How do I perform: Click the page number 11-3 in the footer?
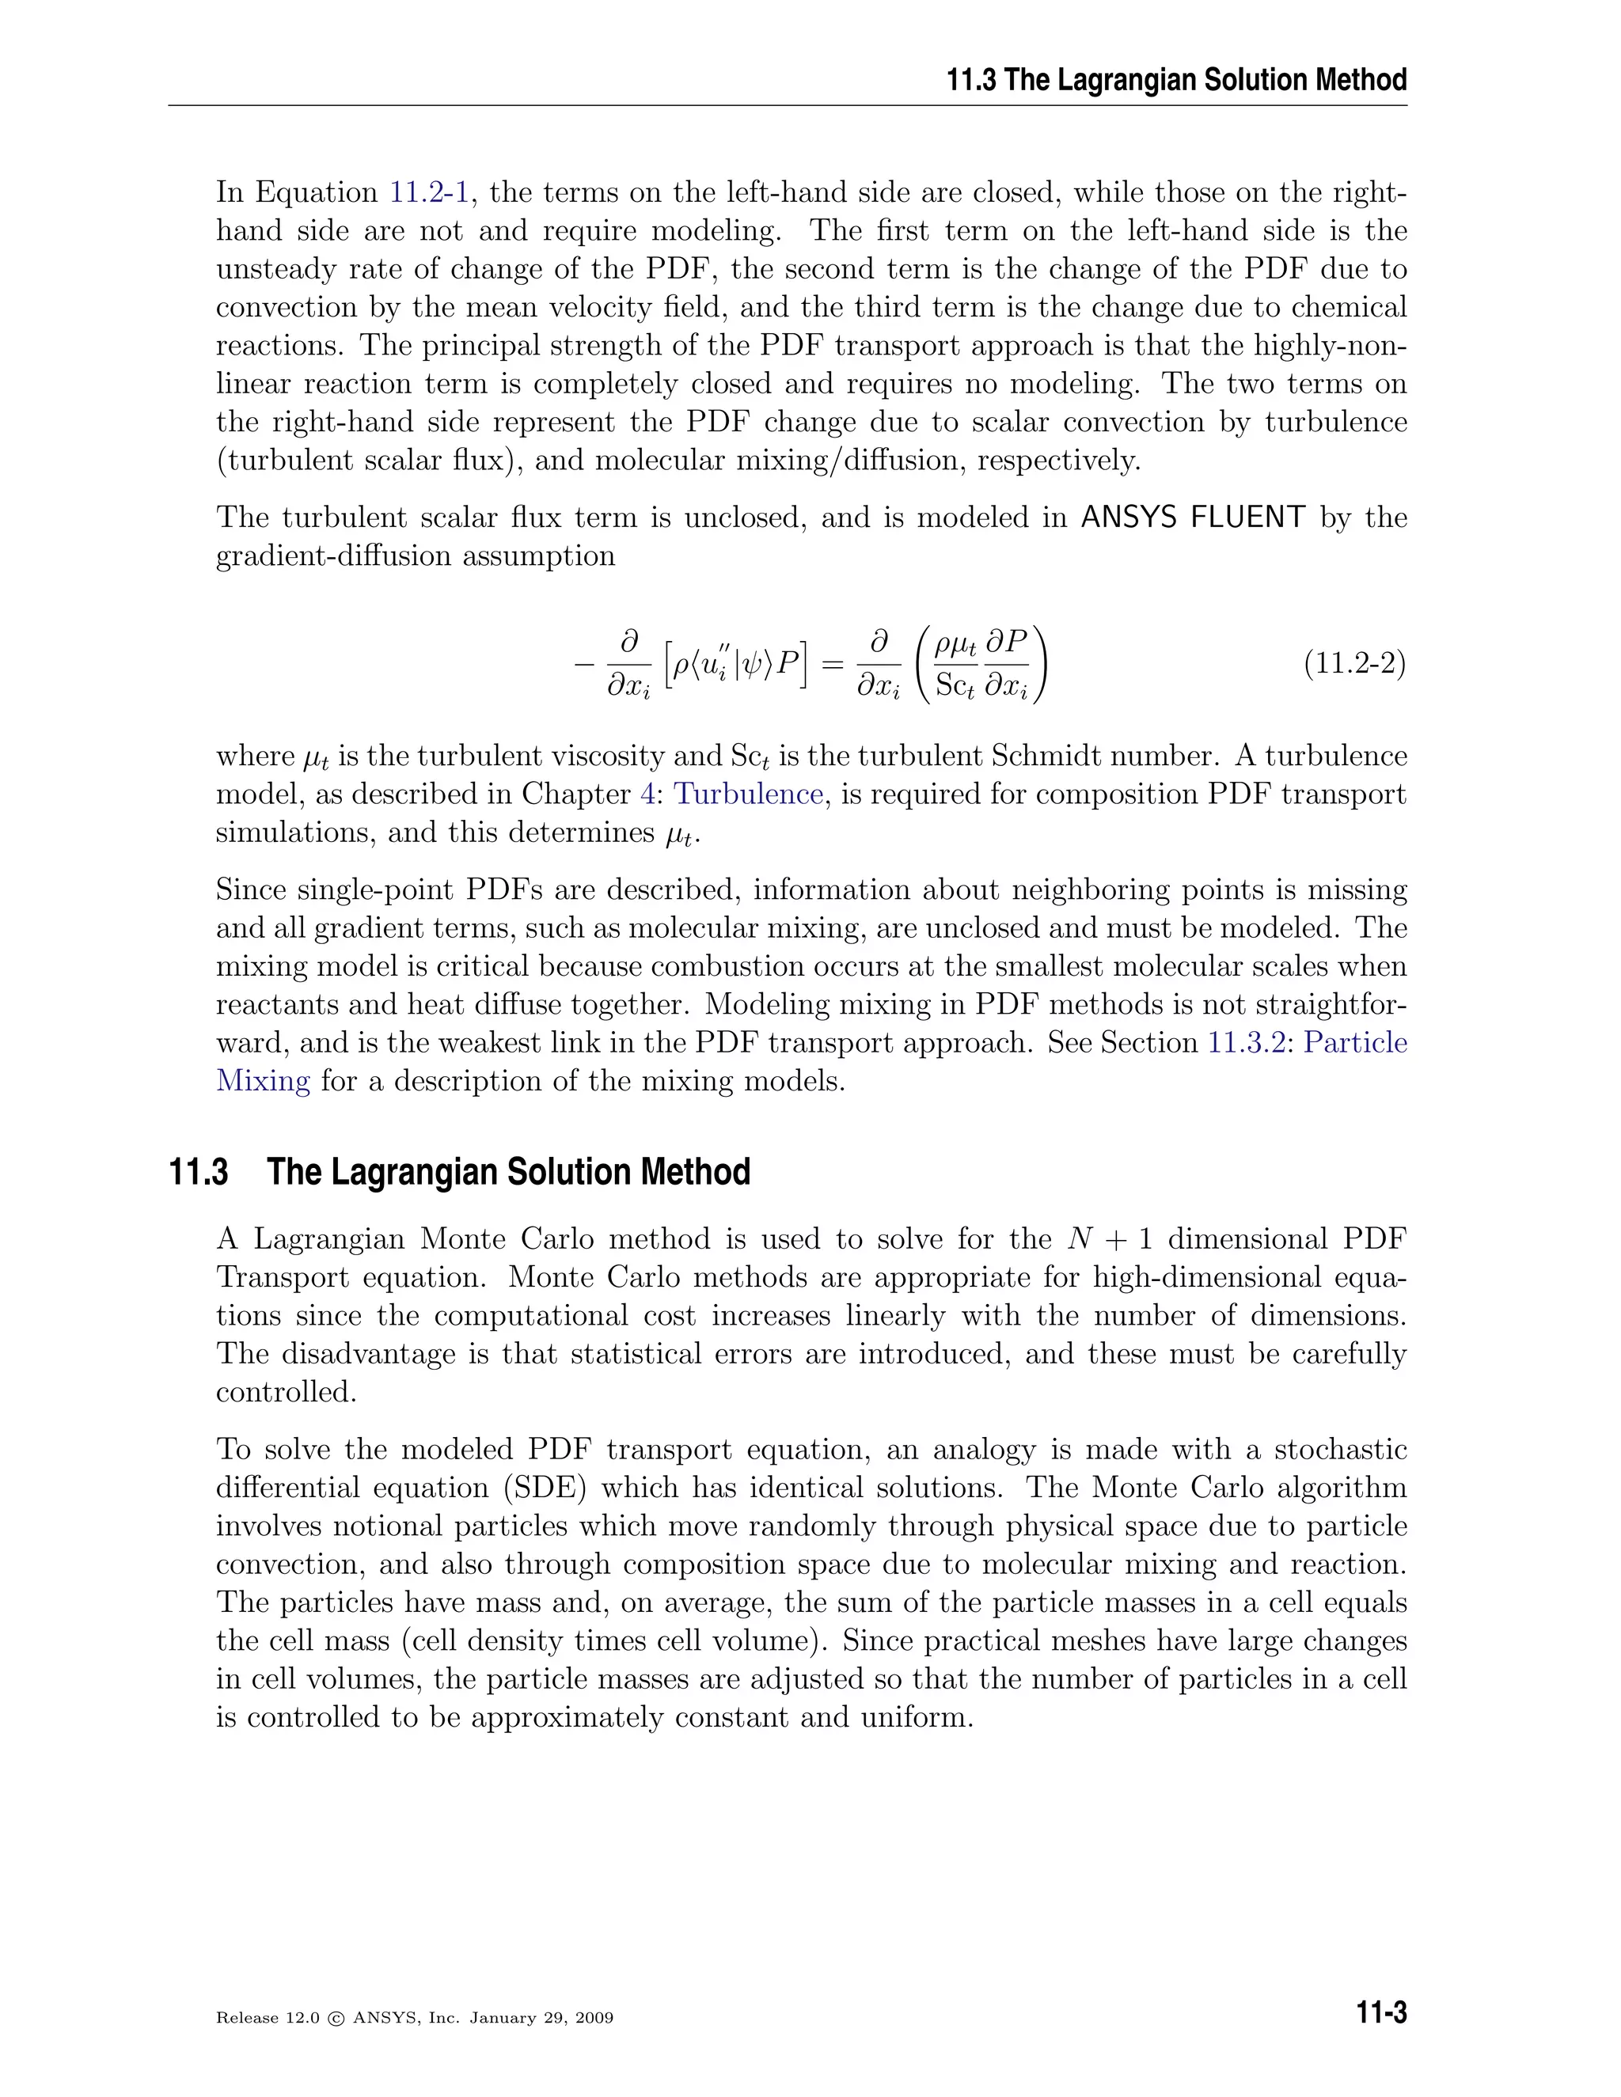pyautogui.click(x=1381, y=2012)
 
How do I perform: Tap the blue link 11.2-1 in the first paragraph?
pyautogui.click(x=428, y=192)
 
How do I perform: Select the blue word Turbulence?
pyautogui.click(x=748, y=794)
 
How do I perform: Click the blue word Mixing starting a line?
pyautogui.click(x=263, y=1081)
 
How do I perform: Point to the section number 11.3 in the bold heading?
pyautogui.click(x=199, y=1173)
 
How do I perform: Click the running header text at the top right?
pyautogui.click(x=1176, y=80)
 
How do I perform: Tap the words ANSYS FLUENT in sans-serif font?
pyautogui.click(x=1193, y=518)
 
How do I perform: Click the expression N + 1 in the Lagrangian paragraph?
pyautogui.click(x=1109, y=1238)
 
